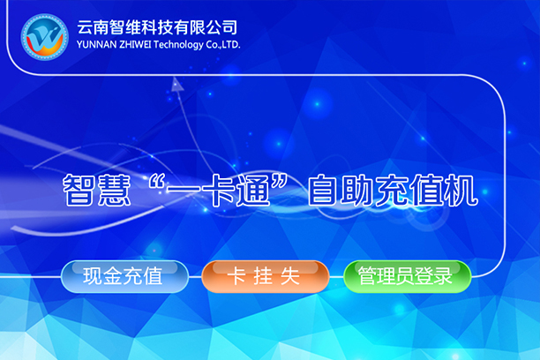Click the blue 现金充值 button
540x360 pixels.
point(124,277)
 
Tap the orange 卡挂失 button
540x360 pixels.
point(265,277)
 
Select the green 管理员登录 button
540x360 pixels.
point(407,277)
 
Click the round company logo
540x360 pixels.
point(45,37)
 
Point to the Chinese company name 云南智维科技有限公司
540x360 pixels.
point(157,27)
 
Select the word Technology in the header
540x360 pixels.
point(178,45)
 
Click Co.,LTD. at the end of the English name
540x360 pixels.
point(223,45)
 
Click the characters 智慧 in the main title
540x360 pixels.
point(97,191)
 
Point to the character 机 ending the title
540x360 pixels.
point(461,191)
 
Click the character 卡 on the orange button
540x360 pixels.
point(236,276)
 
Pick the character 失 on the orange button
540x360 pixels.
point(290,276)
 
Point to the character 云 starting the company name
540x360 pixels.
point(85,27)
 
